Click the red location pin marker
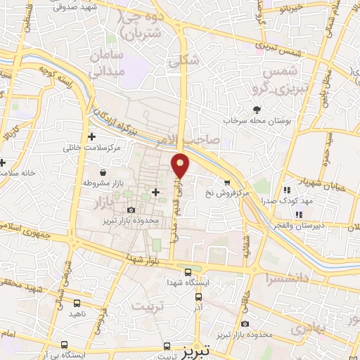tap(181, 165)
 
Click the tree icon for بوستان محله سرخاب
tap(257, 109)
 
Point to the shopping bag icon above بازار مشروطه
tap(103, 172)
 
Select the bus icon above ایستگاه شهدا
tap(188, 273)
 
